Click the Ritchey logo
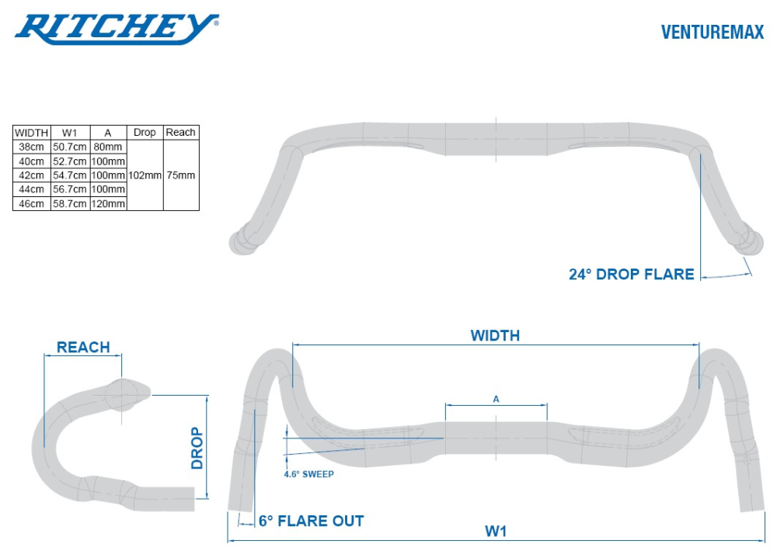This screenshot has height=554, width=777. (117, 29)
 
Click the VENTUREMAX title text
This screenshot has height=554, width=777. (712, 32)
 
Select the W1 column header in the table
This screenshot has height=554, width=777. (69, 133)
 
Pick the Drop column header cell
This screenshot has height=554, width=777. (145, 133)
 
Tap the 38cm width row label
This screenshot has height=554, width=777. (32, 147)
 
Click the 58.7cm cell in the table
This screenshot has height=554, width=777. (69, 203)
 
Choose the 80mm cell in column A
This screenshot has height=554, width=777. (108, 147)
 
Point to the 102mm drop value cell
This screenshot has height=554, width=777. (145, 175)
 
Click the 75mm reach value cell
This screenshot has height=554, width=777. (181, 175)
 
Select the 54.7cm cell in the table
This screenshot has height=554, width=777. (69, 175)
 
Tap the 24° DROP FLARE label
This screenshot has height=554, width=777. (631, 274)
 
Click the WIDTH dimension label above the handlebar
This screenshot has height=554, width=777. (495, 335)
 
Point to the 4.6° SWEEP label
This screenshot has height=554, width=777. (308, 473)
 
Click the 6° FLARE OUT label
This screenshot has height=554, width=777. (311, 521)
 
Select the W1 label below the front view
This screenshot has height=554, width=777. (496, 531)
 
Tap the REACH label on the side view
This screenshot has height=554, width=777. (83, 347)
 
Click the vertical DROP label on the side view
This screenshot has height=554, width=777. (197, 448)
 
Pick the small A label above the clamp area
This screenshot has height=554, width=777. (497, 399)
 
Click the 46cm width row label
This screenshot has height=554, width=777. (32, 203)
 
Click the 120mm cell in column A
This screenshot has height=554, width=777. (108, 203)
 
